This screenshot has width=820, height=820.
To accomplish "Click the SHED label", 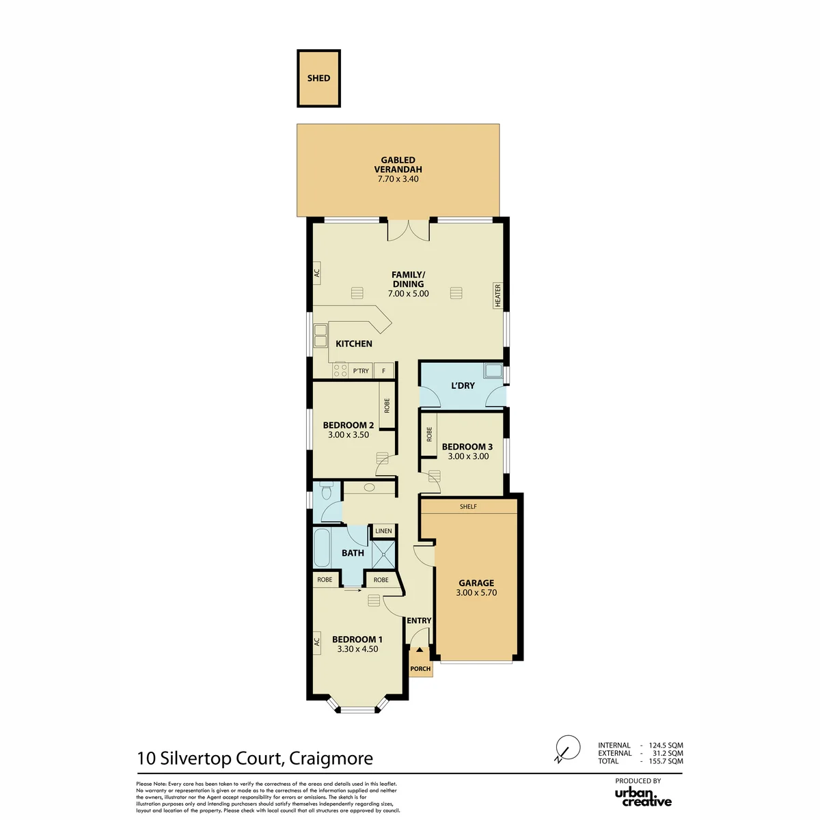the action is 318,78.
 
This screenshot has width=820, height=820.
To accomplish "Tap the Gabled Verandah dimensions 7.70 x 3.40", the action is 398,179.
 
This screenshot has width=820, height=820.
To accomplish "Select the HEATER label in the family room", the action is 497,295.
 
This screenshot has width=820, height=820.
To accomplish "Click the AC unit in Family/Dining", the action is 316,273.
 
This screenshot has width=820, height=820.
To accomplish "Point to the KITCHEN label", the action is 353,344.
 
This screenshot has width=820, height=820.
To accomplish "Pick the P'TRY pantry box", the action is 361,370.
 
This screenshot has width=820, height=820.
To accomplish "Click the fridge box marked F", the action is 383,370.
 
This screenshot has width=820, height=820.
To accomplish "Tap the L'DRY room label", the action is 463,385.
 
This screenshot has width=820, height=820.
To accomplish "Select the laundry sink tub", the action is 493,370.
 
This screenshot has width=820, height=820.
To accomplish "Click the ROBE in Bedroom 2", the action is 387,405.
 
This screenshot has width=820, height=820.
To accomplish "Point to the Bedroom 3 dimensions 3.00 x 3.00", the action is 468,456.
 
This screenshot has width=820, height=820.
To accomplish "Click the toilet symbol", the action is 327,490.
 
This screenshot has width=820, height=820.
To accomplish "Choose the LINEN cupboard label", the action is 383,531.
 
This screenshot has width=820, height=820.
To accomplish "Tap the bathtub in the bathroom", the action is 322,547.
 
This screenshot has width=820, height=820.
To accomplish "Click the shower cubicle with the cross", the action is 383,554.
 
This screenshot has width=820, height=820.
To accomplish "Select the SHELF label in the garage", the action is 468,506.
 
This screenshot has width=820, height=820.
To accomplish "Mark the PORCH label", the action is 420,669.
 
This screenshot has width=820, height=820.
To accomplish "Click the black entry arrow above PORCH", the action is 420,650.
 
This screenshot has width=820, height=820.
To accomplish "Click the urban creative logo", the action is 643,798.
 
